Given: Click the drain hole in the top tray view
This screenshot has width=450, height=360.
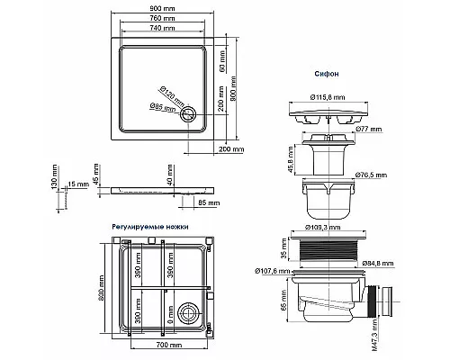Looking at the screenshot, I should pos(189,113).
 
